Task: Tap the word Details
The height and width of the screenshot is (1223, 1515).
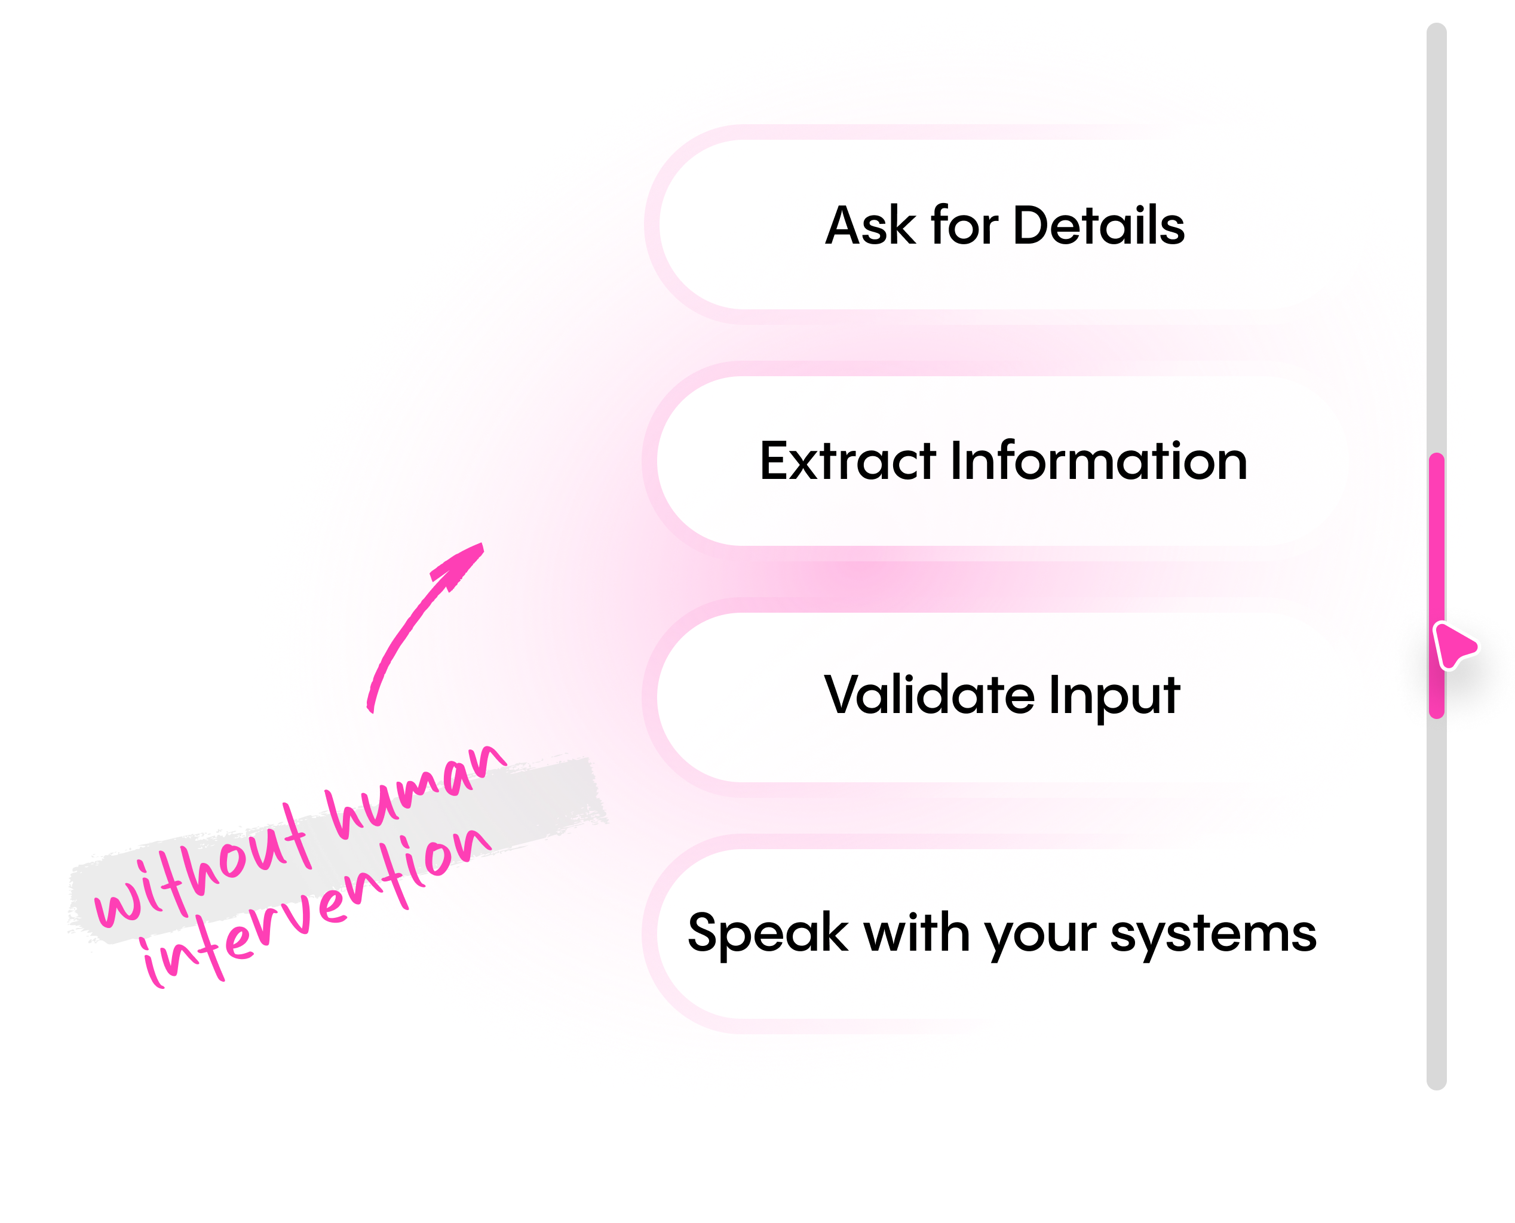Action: pyautogui.click(x=1099, y=226)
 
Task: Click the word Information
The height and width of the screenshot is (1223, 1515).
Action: pyautogui.click(x=1099, y=462)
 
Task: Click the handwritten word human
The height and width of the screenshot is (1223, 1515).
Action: pyautogui.click(x=416, y=792)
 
